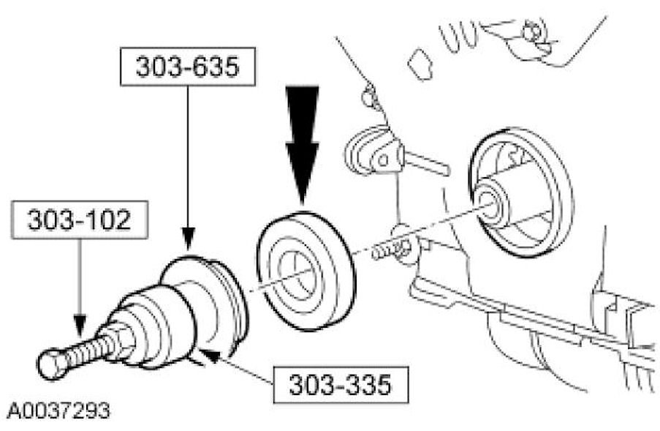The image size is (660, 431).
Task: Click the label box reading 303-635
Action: tap(186, 68)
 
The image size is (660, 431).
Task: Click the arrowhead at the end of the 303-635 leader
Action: tap(188, 239)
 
